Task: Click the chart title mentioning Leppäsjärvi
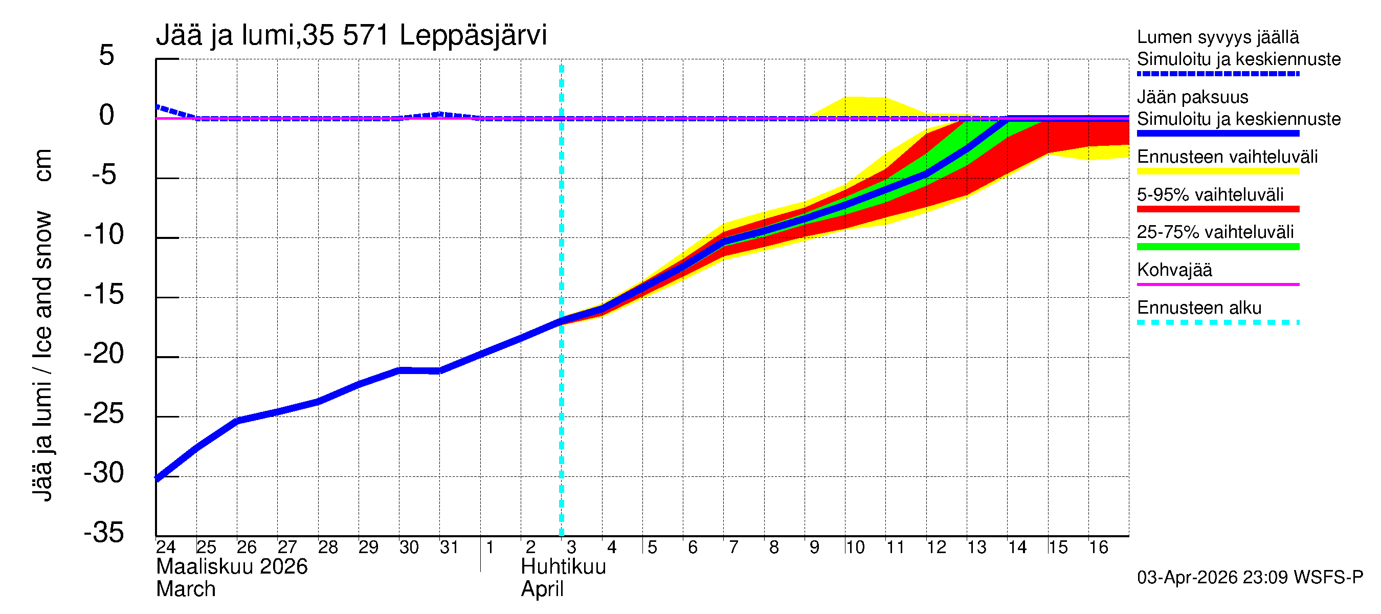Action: click(351, 35)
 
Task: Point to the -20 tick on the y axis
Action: click(104, 354)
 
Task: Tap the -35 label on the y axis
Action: click(104, 533)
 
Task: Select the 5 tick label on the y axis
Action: click(107, 55)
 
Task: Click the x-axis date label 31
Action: click(449, 547)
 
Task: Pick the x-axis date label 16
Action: click(1098, 547)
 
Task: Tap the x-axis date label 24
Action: click(166, 547)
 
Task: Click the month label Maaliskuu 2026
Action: click(232, 567)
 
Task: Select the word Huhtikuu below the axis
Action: click(563, 567)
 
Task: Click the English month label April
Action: click(542, 589)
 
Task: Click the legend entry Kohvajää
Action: click(1174, 270)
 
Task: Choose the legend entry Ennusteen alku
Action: click(1199, 308)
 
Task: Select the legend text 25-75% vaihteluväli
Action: click(1215, 232)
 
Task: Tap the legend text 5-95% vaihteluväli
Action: click(1210, 194)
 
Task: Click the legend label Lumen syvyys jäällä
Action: click(1217, 37)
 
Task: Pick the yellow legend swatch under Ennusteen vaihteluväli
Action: click(1217, 171)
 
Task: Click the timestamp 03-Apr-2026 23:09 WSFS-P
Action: click(1250, 578)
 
